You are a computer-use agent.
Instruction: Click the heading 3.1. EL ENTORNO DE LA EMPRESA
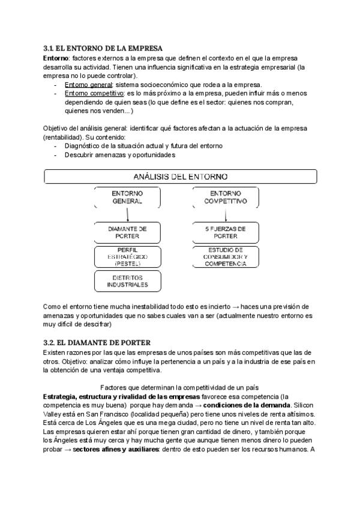point(103,48)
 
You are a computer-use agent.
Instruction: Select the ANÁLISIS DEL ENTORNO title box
point(180,176)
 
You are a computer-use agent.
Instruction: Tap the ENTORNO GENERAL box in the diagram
point(127,198)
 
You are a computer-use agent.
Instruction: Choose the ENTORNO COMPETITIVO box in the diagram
point(225,198)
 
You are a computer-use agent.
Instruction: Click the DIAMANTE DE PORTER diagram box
point(127,232)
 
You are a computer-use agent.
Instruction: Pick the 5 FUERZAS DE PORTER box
point(225,232)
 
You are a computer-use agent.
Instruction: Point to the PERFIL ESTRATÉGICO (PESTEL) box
point(127,256)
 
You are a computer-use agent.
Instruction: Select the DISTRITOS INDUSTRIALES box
point(127,281)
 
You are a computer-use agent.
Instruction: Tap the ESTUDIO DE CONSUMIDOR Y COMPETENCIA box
point(225,256)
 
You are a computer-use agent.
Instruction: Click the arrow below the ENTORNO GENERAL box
point(128,215)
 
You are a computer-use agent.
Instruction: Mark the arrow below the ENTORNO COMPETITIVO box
point(224,215)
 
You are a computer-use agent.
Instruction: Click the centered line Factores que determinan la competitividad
point(179,388)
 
